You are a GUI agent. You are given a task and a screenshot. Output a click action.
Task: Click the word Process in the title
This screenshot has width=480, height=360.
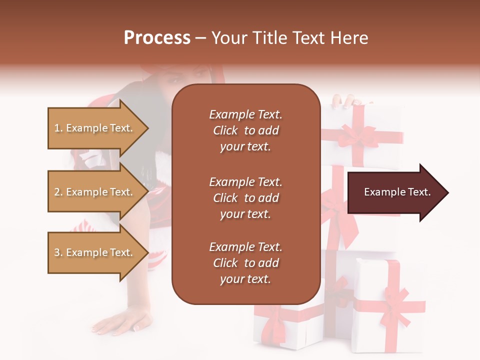click(x=157, y=38)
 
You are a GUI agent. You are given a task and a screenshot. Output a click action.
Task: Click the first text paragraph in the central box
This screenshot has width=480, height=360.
click(x=245, y=130)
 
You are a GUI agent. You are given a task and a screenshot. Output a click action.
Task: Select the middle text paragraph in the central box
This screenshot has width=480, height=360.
click(x=245, y=198)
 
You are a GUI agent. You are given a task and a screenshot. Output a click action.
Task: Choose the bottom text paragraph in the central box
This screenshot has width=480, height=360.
click(x=245, y=263)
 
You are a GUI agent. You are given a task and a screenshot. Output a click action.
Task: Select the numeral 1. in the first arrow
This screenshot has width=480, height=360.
click(x=58, y=128)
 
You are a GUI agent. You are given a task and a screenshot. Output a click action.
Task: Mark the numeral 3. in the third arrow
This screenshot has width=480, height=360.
click(x=58, y=252)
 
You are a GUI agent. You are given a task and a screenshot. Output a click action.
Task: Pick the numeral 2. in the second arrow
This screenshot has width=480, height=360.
click(x=58, y=192)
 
